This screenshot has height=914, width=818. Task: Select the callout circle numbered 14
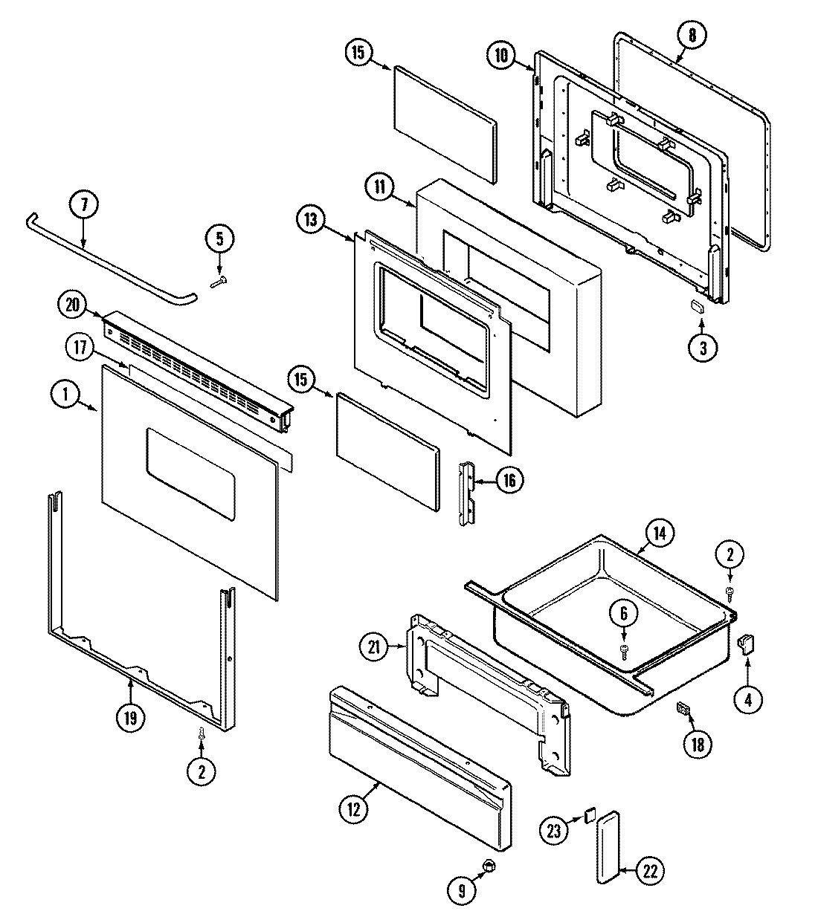click(x=660, y=533)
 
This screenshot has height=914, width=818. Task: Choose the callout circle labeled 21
click(x=373, y=648)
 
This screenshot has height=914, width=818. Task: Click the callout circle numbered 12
click(x=353, y=809)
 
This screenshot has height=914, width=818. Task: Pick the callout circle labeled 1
click(x=65, y=395)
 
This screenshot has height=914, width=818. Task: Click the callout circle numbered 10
click(x=502, y=56)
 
